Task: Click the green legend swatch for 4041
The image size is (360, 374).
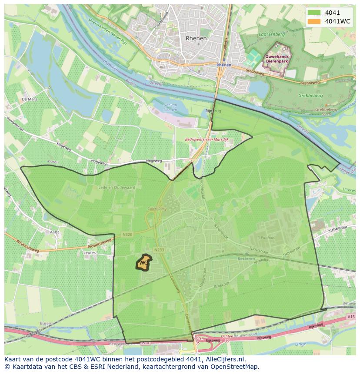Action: (314, 13)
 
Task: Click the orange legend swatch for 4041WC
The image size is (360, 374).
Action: (314, 21)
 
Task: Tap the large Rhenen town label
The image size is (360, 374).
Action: (196, 38)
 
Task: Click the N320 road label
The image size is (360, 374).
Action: (127, 234)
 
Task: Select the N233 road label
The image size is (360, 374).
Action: (159, 250)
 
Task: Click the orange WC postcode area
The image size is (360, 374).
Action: (143, 263)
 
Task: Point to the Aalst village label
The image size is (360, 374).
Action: (54, 232)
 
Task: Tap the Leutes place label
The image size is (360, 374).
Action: (90, 252)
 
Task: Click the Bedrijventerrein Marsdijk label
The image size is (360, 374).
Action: (206, 140)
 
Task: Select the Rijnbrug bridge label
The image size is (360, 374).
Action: (213, 111)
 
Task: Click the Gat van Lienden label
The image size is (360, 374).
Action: (170, 107)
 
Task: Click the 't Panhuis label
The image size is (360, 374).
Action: (266, 238)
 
